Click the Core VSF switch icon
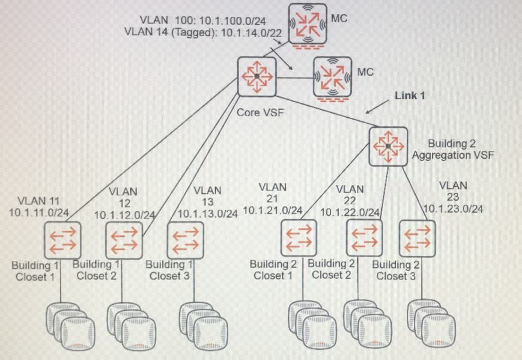click(x=256, y=76)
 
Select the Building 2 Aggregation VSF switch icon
click(x=388, y=146)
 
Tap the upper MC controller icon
click(x=308, y=23)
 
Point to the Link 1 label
click(x=410, y=96)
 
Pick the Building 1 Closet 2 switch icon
click(x=124, y=240)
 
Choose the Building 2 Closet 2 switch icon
click(x=365, y=237)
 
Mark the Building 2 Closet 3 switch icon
click(x=417, y=237)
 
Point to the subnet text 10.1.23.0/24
click(x=454, y=209)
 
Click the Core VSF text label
click(x=256, y=112)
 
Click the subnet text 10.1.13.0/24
click(x=208, y=213)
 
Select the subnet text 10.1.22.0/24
click(x=350, y=212)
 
